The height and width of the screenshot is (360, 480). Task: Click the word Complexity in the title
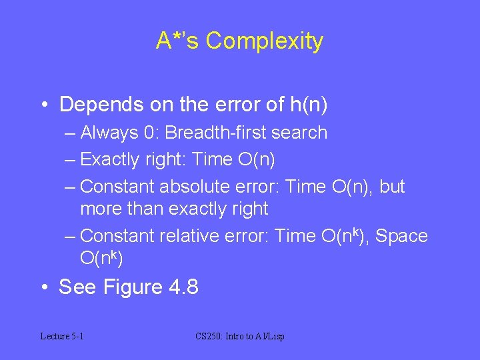tap(265, 41)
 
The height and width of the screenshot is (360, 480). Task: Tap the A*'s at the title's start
tap(177, 41)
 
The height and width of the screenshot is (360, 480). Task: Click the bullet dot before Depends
tap(44, 105)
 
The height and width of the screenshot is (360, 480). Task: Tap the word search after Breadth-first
tap(298, 133)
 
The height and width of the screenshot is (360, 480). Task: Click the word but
tap(392, 187)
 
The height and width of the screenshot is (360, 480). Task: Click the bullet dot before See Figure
tap(44, 287)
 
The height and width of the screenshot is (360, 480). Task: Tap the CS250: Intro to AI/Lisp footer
tap(241, 337)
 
